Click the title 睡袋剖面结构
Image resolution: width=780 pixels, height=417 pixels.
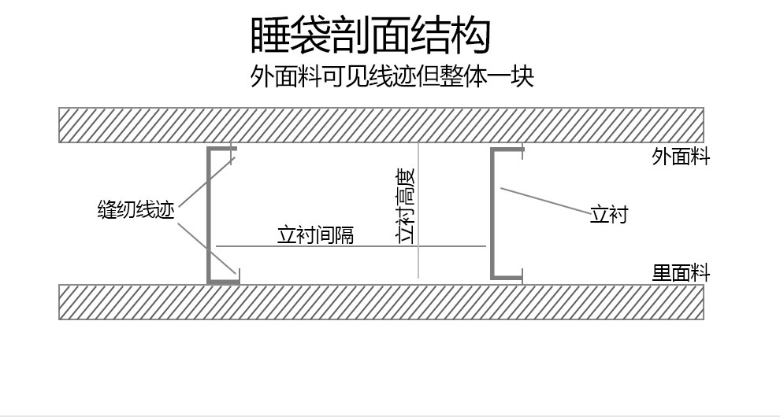tap(370, 36)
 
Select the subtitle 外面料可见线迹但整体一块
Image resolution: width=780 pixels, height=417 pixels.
tap(392, 77)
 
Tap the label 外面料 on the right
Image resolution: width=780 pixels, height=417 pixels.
tap(681, 157)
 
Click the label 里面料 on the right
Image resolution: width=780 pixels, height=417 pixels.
tap(681, 274)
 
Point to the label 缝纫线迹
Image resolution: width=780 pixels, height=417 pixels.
tap(136, 210)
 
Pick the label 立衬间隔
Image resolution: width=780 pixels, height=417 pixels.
tap(315, 235)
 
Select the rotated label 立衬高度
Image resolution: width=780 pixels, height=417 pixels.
tap(407, 206)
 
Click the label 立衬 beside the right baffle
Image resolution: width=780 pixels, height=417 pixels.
tap(608, 214)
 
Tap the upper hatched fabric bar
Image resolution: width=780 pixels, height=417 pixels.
tap(381, 125)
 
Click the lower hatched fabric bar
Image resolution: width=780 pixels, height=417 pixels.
tap(381, 302)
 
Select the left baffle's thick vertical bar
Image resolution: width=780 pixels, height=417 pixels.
tap(210, 214)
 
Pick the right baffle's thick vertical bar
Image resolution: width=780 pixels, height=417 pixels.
tap(493, 214)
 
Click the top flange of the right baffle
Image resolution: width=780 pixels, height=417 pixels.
tap(507, 149)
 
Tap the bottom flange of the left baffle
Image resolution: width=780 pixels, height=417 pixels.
tap(224, 279)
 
